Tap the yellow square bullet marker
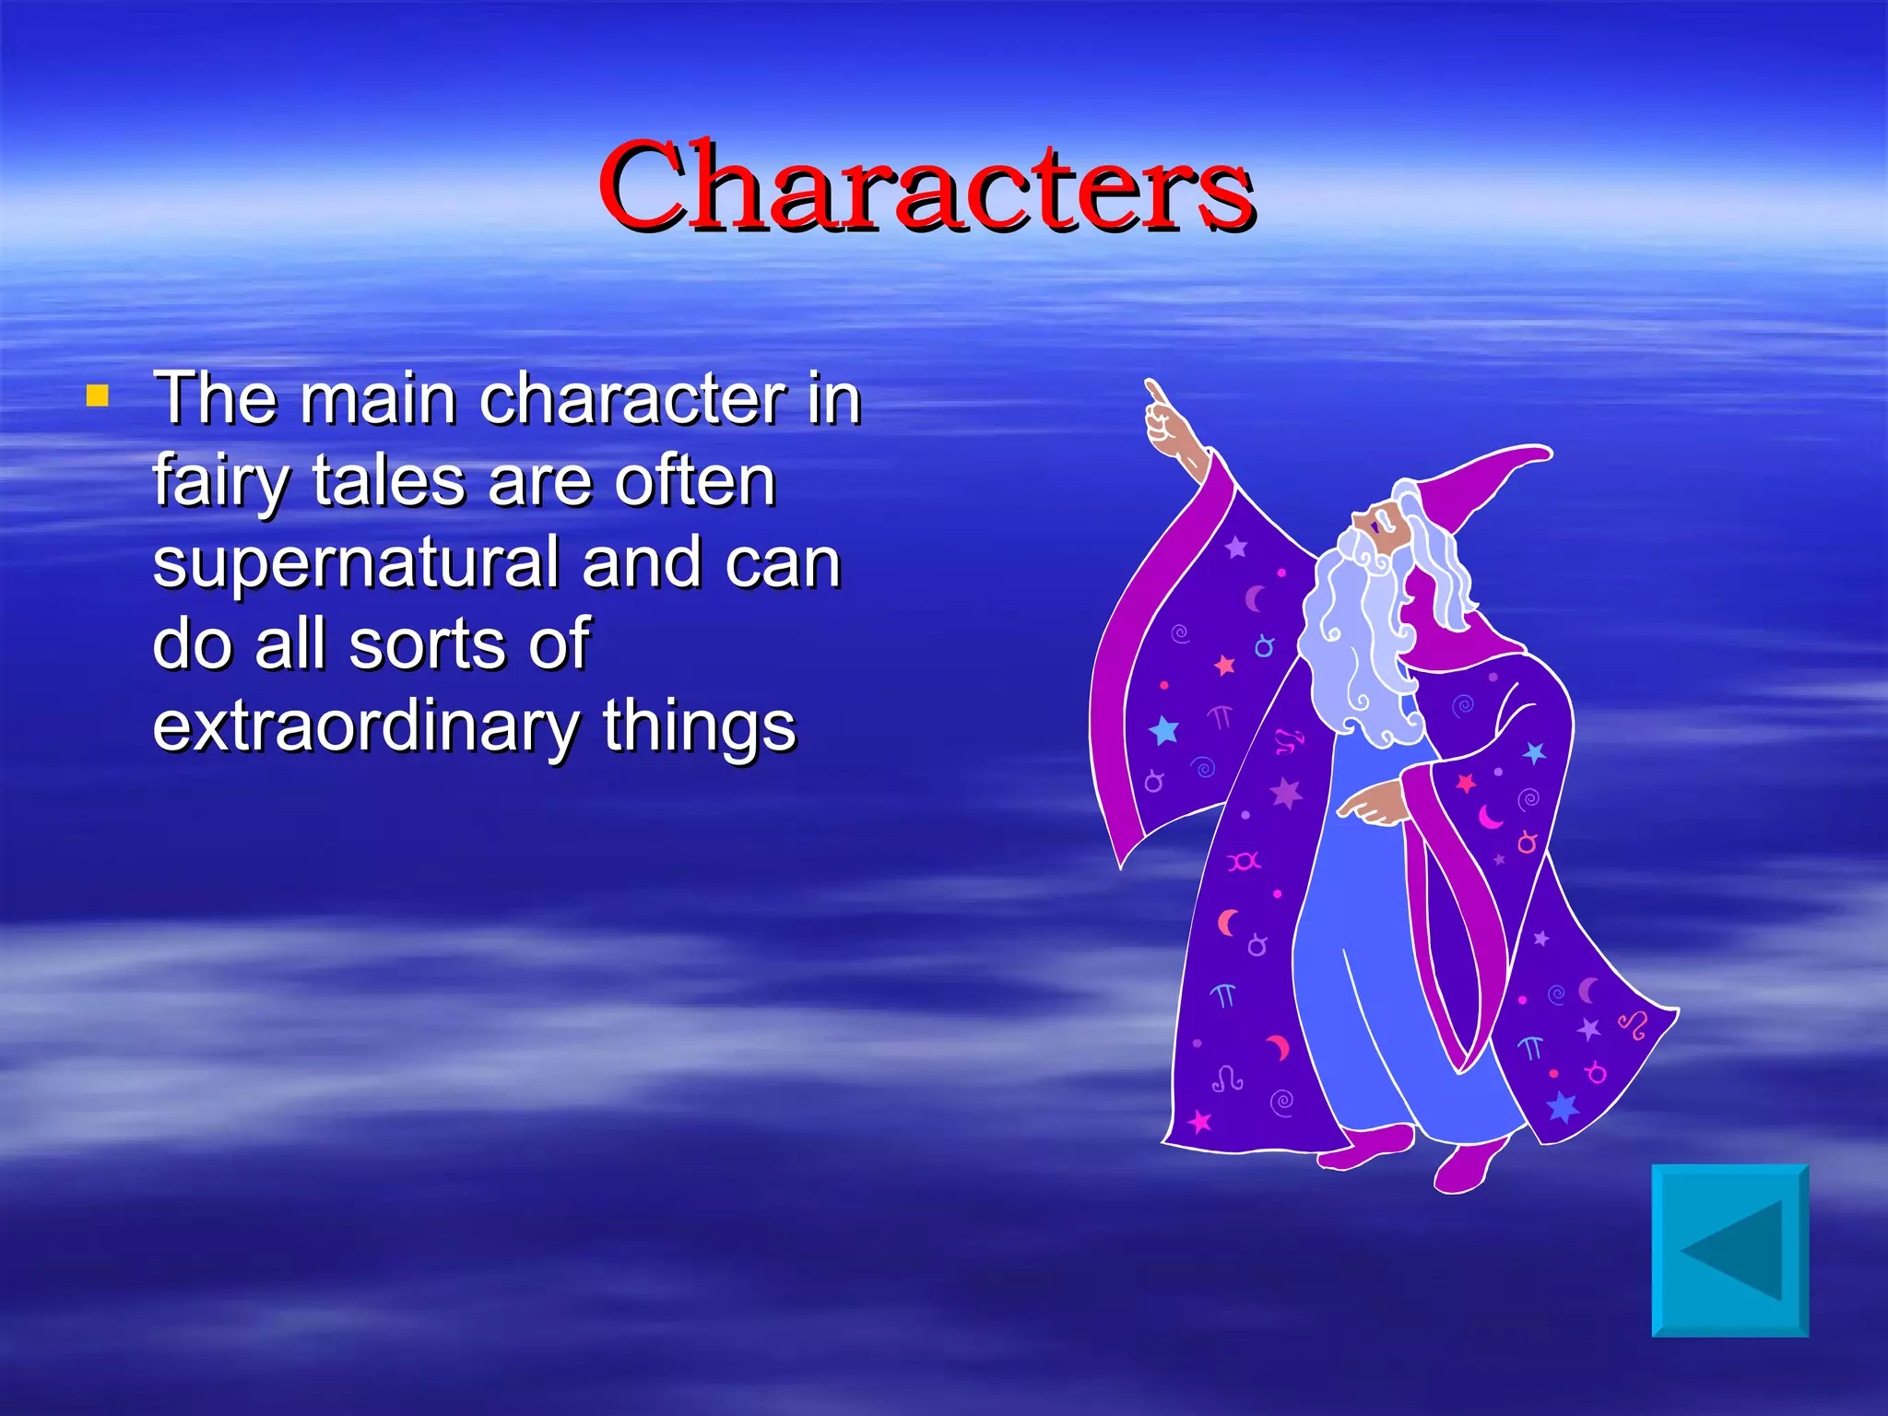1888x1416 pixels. (97, 396)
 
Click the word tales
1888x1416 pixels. (388, 481)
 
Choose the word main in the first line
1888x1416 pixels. (377, 400)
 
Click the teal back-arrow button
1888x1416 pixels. (1729, 1250)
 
